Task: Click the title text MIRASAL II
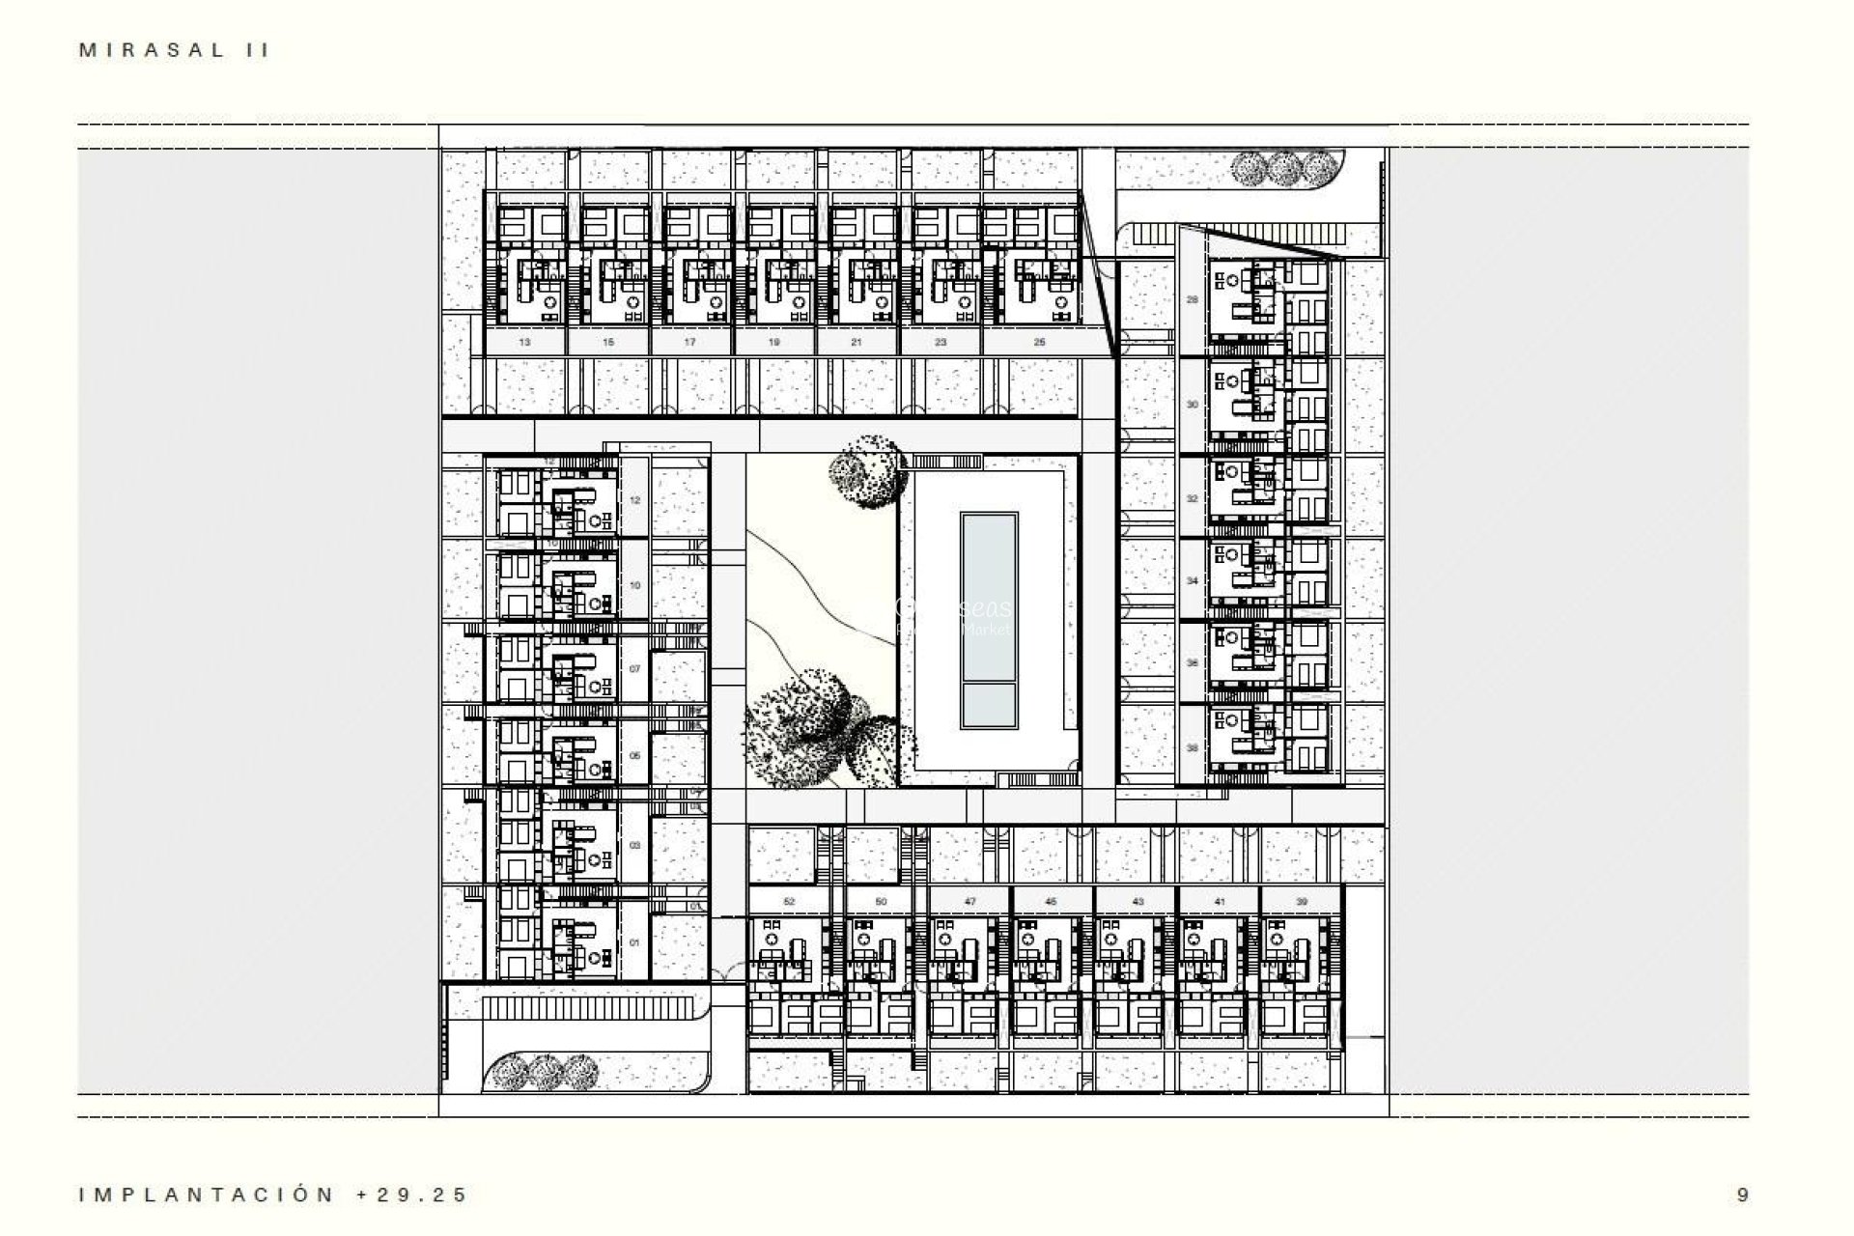(x=174, y=51)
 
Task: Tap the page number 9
(x=1742, y=1194)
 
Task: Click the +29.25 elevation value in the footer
(x=412, y=1194)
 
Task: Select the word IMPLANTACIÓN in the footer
(x=207, y=1194)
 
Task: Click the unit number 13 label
(x=524, y=342)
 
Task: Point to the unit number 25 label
(x=1039, y=342)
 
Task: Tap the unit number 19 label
(x=774, y=342)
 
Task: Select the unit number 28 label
(x=1192, y=299)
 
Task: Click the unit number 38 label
(x=1192, y=748)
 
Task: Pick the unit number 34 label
(x=1192, y=581)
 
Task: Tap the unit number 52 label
(x=789, y=901)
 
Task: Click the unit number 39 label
(x=1302, y=901)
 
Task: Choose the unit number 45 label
(x=1052, y=901)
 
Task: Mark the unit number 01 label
(x=634, y=941)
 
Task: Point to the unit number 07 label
(x=634, y=668)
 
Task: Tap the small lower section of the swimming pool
(x=989, y=707)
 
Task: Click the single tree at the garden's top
(x=867, y=471)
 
